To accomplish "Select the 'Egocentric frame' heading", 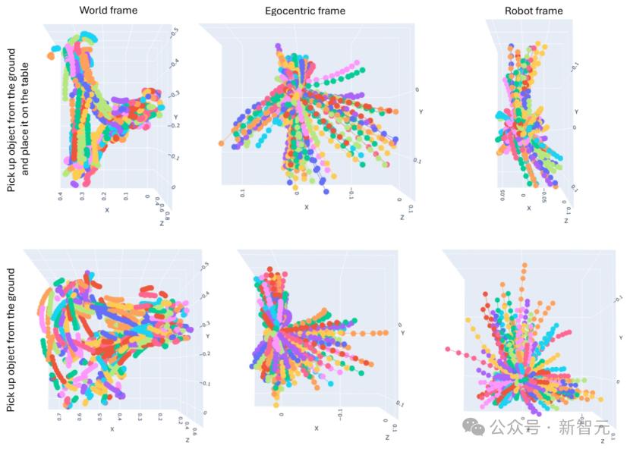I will coord(305,11).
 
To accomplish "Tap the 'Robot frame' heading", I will coord(533,11).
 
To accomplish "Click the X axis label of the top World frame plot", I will coord(107,209).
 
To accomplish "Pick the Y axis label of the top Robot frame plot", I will coord(576,111).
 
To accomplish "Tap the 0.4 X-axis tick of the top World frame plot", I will coord(60,198).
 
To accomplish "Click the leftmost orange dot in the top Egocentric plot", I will coord(221,143).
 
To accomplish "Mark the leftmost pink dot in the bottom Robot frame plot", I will coord(448,350).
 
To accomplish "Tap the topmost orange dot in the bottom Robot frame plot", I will coord(524,266).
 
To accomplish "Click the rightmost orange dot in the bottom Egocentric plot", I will coord(386,333).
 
